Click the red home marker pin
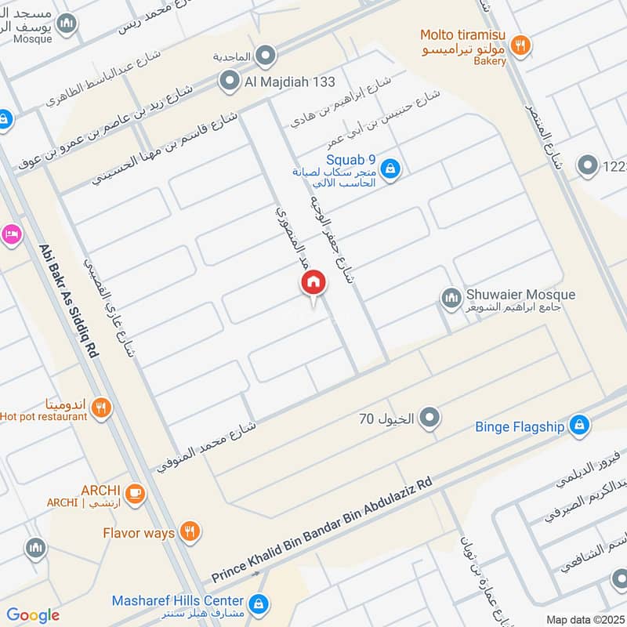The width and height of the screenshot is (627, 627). (313, 283)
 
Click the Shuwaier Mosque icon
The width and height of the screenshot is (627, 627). (451, 297)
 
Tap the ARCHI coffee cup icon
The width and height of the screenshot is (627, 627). (135, 492)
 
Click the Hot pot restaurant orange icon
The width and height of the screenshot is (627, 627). (100, 407)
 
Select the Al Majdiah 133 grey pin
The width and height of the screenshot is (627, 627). (230, 81)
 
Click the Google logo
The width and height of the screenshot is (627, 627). (32, 615)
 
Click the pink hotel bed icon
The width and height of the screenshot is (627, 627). (10, 234)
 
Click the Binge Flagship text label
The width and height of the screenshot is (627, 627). (520, 427)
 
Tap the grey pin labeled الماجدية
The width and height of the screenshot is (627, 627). (266, 55)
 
